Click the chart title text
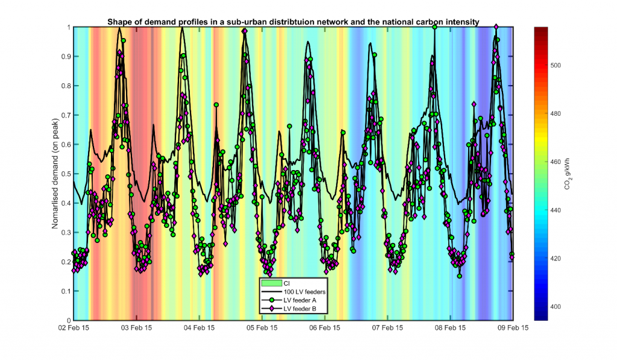coord(293,22)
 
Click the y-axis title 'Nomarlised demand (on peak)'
coord(55,174)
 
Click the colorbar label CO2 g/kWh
coord(568,174)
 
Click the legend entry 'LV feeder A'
coord(300,300)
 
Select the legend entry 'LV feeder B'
coord(300,309)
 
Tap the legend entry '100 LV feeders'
coord(304,291)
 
